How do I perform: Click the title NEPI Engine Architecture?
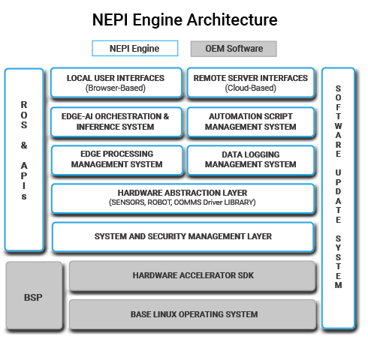pyautogui.click(x=184, y=19)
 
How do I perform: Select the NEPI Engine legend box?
pyautogui.click(x=134, y=49)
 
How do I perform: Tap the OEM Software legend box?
pyautogui.click(x=234, y=49)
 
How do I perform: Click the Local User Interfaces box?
pyautogui.click(x=116, y=82)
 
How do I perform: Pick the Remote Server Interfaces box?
pyautogui.click(x=250, y=82)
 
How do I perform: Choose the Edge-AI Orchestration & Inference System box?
pyautogui.click(x=116, y=121)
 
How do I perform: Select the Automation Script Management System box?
pyautogui.click(x=250, y=121)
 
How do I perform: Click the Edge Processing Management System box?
pyautogui.click(x=116, y=160)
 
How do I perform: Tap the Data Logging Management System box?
pyautogui.click(x=250, y=160)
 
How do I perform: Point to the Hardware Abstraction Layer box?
pyautogui.click(x=183, y=198)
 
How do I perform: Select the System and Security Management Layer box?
pyautogui.click(x=183, y=236)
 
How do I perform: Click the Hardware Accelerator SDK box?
pyautogui.click(x=192, y=276)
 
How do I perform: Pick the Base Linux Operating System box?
pyautogui.click(x=192, y=314)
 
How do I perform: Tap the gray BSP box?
pyautogui.click(x=34, y=296)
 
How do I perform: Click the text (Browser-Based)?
pyautogui.click(x=116, y=88)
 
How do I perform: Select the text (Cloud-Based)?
pyautogui.click(x=250, y=88)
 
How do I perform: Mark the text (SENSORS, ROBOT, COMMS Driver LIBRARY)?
pyautogui.click(x=183, y=202)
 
